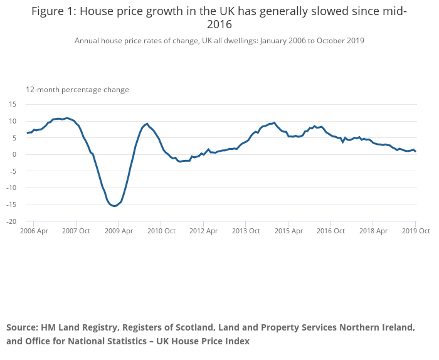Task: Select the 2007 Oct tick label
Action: point(75,231)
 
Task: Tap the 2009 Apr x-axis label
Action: point(118,231)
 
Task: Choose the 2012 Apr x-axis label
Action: point(203,231)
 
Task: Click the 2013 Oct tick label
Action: point(245,231)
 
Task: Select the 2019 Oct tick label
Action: point(415,231)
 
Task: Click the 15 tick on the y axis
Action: point(13,104)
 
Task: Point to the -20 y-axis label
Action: point(11,221)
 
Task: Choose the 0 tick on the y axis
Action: point(14,154)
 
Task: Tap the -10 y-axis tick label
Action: point(11,188)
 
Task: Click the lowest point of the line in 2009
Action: point(115,206)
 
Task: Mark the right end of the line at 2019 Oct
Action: point(415,151)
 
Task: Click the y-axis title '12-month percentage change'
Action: point(77,90)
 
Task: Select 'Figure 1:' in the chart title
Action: point(54,11)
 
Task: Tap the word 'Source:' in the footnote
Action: point(23,327)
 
